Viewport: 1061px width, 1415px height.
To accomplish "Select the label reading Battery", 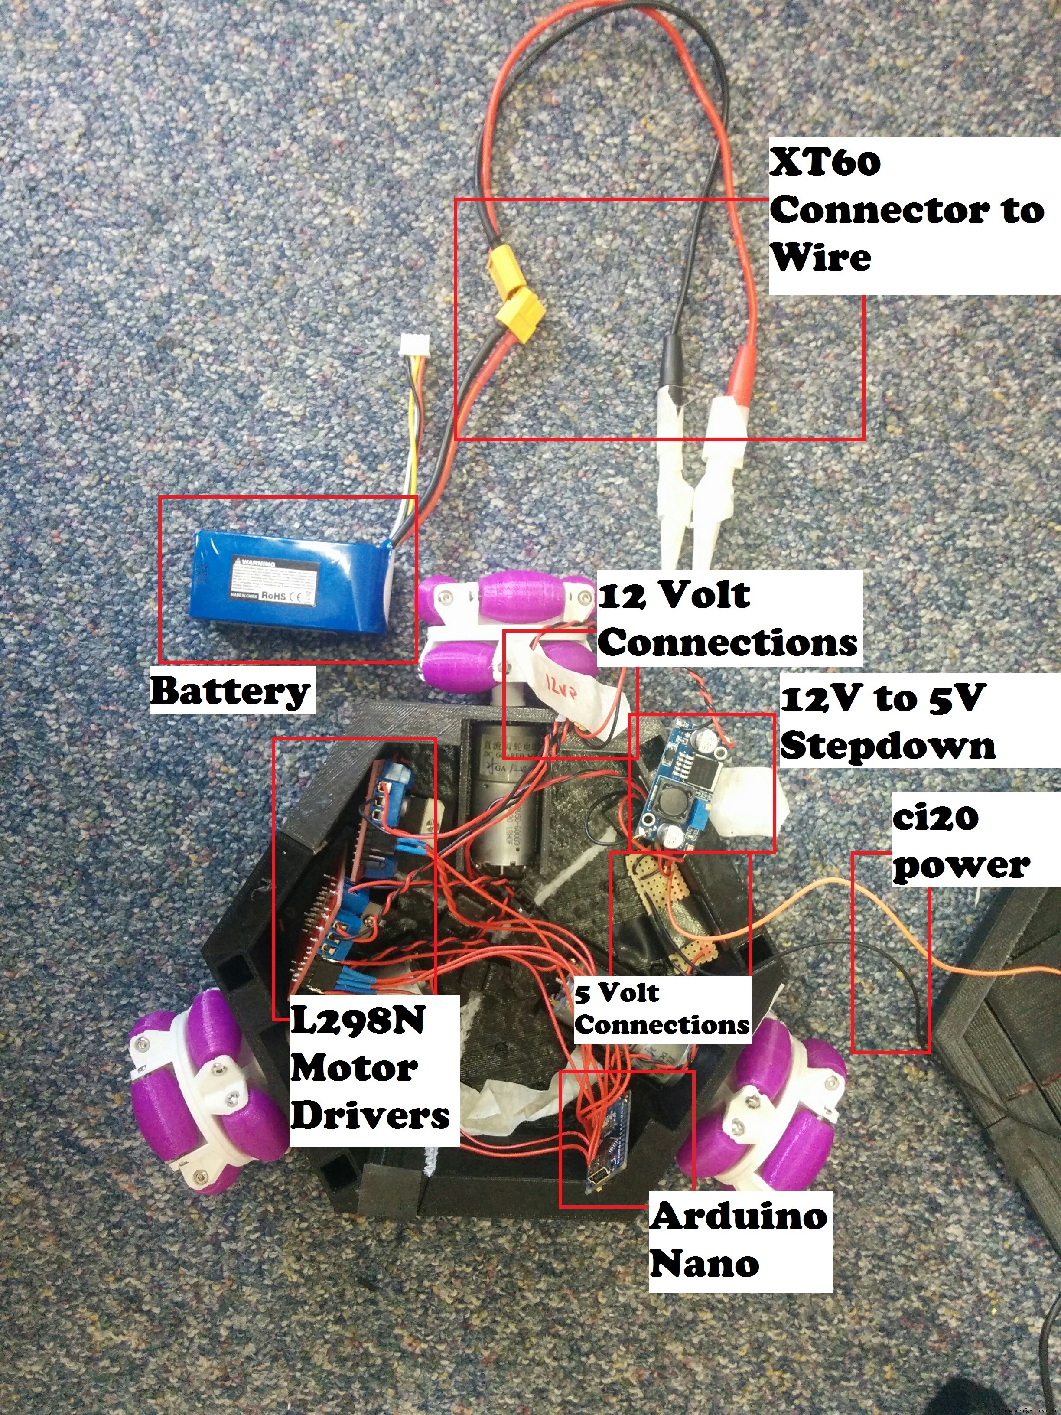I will coord(230,691).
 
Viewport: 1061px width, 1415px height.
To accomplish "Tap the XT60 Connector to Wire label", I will coord(905,211).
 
